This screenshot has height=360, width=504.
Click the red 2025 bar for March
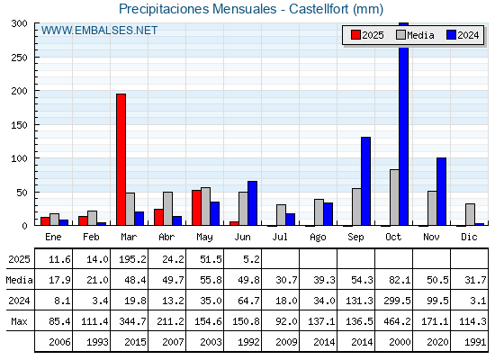point(121,159)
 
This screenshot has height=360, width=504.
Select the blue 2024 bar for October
point(404,124)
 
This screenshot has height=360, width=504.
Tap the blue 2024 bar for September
point(365,181)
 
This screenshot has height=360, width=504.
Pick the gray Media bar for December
point(470,214)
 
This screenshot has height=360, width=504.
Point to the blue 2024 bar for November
point(441,192)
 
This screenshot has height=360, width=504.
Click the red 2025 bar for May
point(197,208)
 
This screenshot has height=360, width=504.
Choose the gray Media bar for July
point(281,215)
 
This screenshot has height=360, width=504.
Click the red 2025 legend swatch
point(355,35)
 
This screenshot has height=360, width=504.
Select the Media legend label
point(420,35)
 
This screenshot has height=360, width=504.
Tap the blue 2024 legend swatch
point(451,35)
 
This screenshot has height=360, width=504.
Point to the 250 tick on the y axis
point(19,58)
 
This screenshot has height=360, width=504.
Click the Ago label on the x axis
point(318,238)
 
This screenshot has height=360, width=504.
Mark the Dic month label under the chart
point(469,237)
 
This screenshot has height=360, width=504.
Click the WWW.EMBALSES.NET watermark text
point(99,31)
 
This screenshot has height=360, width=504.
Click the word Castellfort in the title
point(319,9)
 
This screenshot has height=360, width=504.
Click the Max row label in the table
point(19,321)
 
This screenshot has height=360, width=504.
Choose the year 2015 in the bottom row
point(135,342)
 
